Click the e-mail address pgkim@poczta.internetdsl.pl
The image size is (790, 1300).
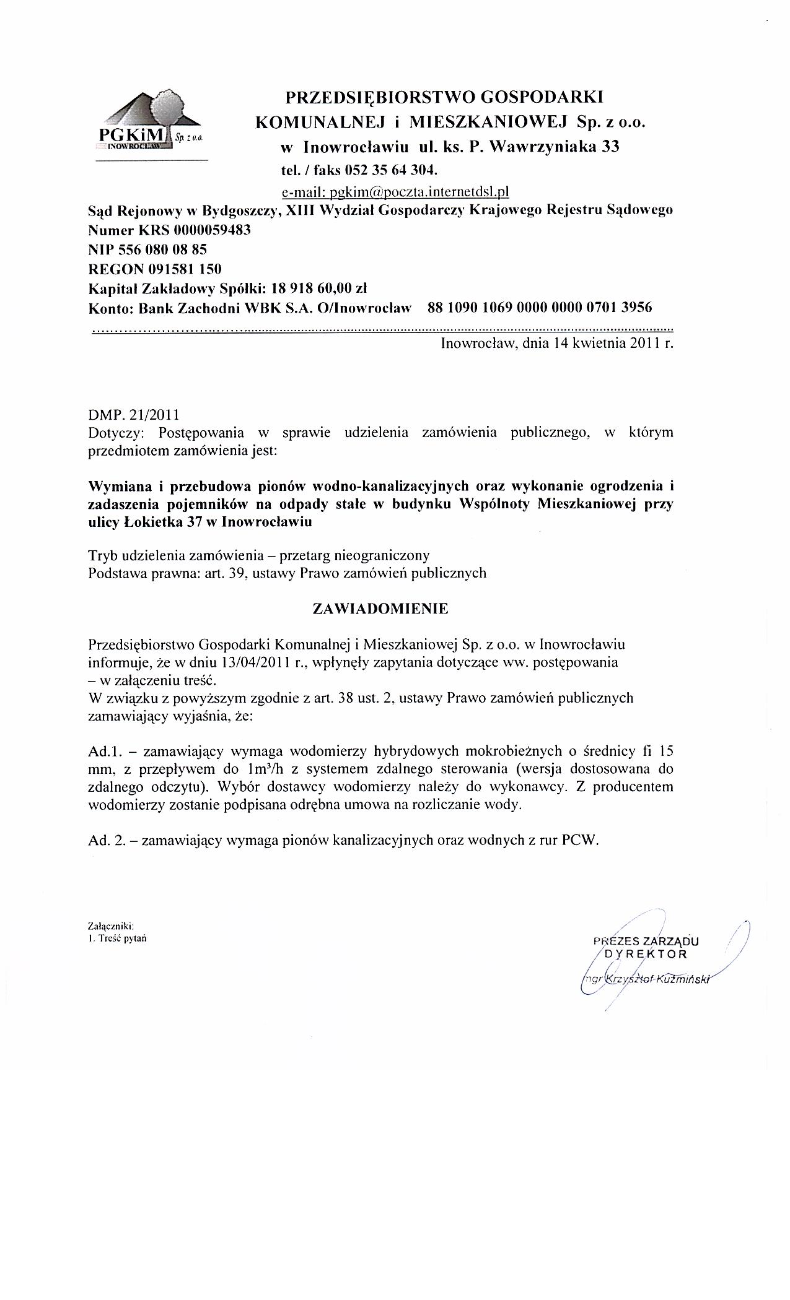coord(395,191)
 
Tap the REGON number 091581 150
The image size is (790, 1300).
coord(184,269)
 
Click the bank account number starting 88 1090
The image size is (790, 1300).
coord(540,307)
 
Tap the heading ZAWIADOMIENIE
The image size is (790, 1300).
coord(380,609)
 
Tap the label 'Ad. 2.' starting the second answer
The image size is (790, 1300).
coord(107,841)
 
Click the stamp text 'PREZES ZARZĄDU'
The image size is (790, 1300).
coord(646,941)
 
